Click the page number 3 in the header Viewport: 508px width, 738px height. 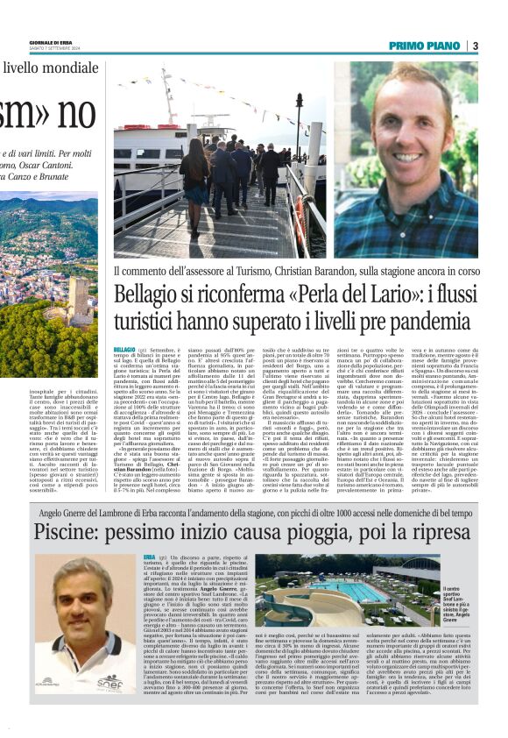pos(474,46)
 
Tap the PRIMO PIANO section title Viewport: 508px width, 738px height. pos(425,46)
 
